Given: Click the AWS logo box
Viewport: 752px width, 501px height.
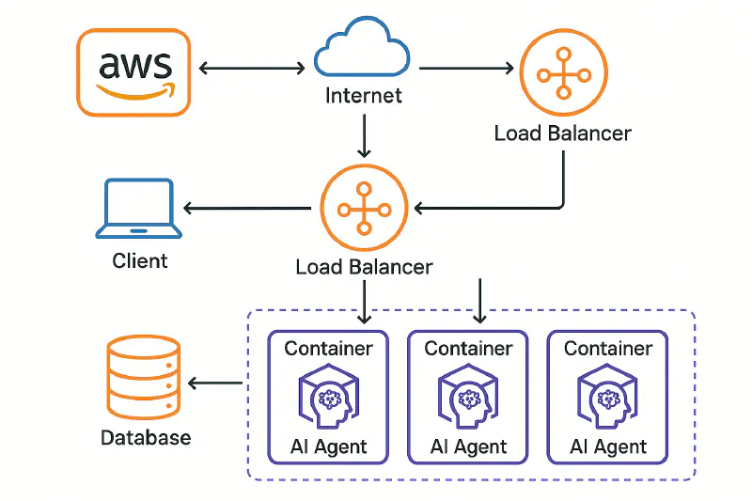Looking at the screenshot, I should (x=134, y=72).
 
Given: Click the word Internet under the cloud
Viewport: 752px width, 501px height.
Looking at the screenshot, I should (x=363, y=96).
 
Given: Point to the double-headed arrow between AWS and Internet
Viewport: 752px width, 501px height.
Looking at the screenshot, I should (x=252, y=68).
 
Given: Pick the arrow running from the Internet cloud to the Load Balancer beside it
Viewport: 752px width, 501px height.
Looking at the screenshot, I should (x=466, y=68).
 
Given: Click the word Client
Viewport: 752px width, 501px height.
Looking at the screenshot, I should (x=140, y=260).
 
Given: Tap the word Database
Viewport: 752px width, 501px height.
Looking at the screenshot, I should (x=146, y=437).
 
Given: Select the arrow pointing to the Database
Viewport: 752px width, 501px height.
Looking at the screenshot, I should (x=215, y=383).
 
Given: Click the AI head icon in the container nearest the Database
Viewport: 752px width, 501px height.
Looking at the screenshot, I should (x=328, y=397).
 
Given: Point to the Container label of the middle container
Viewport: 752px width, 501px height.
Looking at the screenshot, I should (x=468, y=349).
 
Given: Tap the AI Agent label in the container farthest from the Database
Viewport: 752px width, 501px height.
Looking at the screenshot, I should (x=608, y=446).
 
